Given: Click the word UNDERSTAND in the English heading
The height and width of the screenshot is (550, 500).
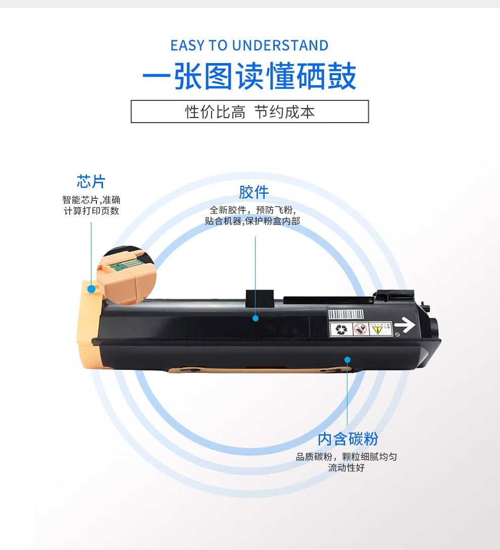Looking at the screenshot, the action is point(280,45).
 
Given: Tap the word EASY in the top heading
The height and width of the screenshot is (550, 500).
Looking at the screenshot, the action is point(187,45).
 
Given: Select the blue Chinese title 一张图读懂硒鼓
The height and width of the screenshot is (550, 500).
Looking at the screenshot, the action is point(249,76).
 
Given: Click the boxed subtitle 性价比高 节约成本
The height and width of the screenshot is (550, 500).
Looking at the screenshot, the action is point(249,112).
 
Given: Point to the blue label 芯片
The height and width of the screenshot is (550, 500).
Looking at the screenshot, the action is point(91,182).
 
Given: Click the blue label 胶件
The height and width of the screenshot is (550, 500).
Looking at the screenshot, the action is point(254,192).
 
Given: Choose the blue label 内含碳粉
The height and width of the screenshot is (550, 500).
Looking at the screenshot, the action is point(347,439).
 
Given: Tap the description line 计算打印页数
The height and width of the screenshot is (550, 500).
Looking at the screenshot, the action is point(91,211).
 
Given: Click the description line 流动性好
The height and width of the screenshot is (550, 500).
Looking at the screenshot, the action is point(346,468).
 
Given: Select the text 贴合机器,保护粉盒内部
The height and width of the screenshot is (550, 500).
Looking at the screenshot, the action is point(253,221).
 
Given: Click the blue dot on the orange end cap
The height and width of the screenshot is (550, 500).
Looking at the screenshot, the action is point(91,289).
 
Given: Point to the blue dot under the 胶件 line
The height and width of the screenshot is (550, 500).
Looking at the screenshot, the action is point(256,318).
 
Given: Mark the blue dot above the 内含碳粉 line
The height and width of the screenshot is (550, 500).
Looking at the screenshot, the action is point(347,360).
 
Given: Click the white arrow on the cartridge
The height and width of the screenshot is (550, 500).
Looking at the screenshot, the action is point(405,324).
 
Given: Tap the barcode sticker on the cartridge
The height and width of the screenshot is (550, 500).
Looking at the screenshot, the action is point(346,314).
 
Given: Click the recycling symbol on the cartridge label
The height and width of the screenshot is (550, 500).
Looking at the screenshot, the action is point(341,329).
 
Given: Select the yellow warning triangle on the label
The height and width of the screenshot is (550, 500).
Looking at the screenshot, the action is point(377,329).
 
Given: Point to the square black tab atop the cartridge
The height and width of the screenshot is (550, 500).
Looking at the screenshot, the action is point(260,299).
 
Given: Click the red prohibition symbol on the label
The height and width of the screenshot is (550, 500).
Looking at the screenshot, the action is point(360,329).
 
